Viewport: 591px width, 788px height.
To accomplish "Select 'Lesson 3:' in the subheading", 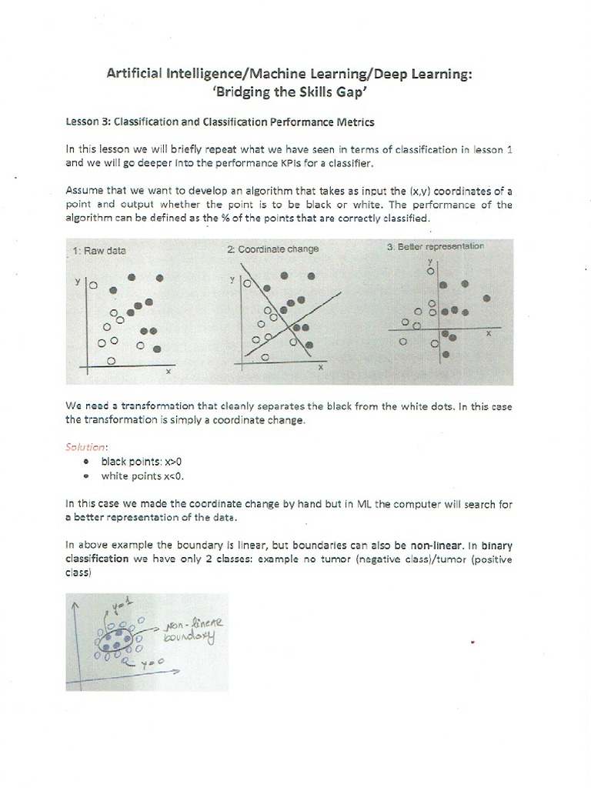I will click(x=88, y=122).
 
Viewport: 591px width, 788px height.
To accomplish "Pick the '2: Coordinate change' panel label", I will click(x=272, y=249).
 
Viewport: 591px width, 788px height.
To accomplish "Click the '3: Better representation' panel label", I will click(x=436, y=246).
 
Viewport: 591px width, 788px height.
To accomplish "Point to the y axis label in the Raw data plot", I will click(x=77, y=282).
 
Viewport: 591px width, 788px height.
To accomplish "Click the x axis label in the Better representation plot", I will click(x=487, y=334).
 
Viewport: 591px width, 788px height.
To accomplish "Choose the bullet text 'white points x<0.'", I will click(x=143, y=476).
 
